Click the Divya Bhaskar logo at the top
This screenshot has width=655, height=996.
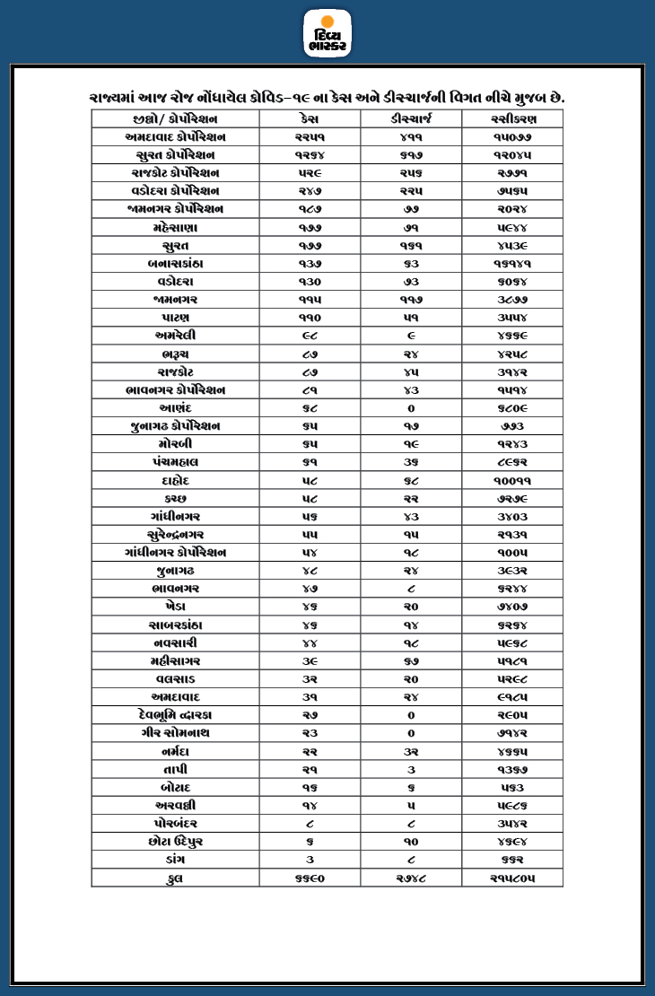coord(327,33)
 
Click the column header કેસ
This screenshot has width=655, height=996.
coord(310,119)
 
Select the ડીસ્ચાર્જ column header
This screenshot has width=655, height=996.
coord(411,119)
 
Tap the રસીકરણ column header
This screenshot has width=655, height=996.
coord(512,119)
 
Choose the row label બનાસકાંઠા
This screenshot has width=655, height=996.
coord(175,264)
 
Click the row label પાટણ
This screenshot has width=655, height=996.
coord(175,318)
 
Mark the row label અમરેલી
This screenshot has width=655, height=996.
coord(175,336)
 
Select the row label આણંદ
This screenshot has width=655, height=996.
coord(175,408)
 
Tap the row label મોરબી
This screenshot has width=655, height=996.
coord(175,444)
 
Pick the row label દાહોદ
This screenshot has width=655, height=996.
coord(175,480)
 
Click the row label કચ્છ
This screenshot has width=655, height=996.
coord(175,498)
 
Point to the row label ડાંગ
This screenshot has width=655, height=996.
coord(175,860)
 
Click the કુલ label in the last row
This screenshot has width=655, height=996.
coord(175,878)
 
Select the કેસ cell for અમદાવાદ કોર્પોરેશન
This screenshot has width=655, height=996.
coord(310,137)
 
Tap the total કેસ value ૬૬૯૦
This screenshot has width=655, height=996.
coord(310,878)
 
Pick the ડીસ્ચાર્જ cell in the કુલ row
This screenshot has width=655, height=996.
coord(411,878)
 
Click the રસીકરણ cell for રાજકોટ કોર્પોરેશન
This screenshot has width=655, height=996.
coord(512,173)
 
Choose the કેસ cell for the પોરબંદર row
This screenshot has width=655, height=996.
coord(310,823)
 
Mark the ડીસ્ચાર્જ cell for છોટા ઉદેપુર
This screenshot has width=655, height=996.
coord(411,842)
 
